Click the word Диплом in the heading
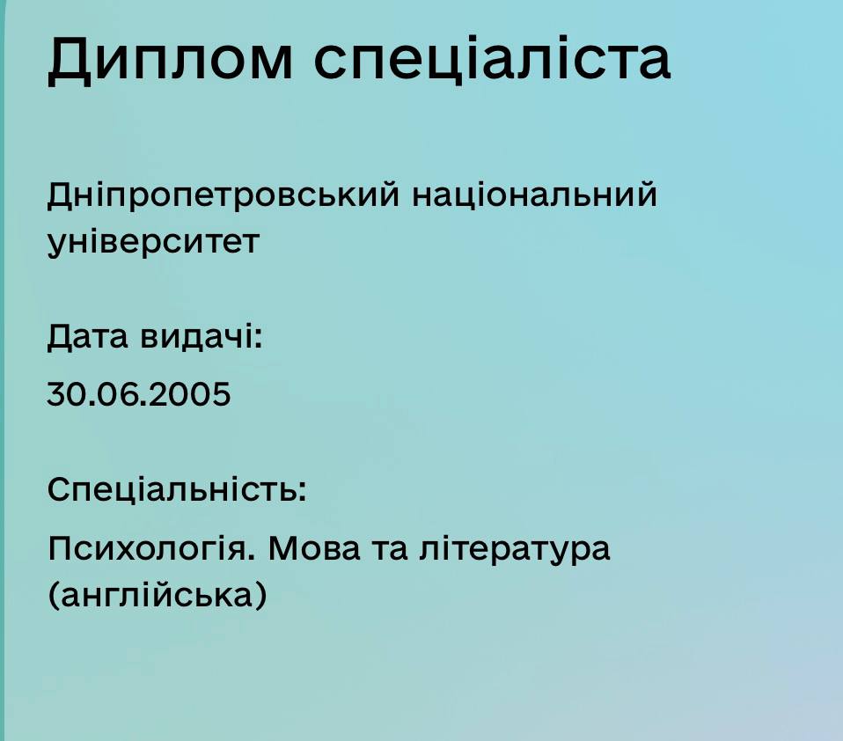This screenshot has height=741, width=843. click(171, 59)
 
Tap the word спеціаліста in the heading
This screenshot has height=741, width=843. click(492, 57)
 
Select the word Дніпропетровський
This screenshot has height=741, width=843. click(224, 195)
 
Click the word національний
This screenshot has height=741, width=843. click(534, 194)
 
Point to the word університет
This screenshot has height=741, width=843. click(154, 243)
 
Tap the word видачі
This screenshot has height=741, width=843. click(197, 337)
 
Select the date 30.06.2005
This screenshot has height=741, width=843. click(139, 393)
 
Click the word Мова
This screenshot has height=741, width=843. click(314, 548)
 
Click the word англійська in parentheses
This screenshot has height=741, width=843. click(157, 595)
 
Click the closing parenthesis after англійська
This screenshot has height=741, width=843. click(260, 596)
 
